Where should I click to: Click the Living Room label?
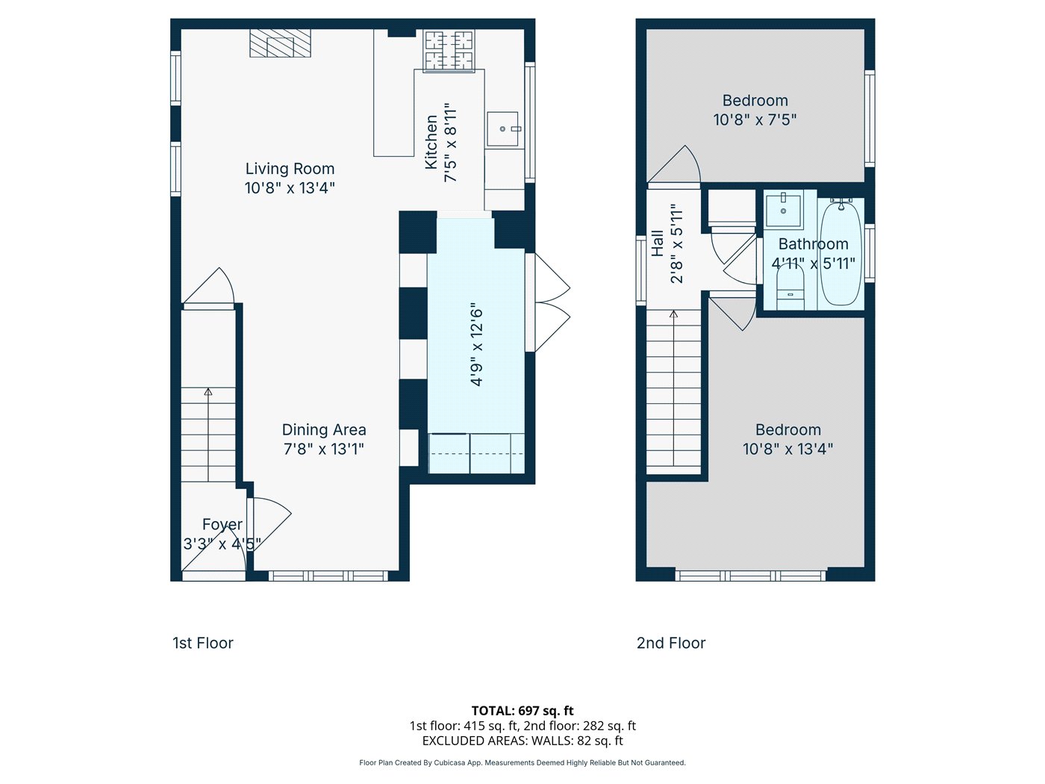pos(290,169)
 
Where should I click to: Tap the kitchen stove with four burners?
pos(449,50)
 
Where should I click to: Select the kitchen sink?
pos(504,129)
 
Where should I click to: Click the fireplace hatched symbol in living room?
pos(280,43)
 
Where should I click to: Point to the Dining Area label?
pos(324,430)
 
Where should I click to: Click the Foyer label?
pos(222,524)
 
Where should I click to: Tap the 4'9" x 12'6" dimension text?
pos(477,344)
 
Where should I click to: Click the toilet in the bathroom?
pos(790,287)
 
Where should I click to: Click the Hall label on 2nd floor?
pos(658,243)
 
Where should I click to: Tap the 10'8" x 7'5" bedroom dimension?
pos(755,119)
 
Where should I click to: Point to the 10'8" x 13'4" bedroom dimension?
pos(787,449)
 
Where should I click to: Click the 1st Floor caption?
pos(203,643)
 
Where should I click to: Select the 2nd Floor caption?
pos(671,643)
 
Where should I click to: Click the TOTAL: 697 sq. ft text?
pos(522,711)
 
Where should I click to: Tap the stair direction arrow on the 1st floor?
pos(208,391)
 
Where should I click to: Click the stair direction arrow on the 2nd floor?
pos(674,314)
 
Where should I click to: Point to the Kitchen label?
pos(431,142)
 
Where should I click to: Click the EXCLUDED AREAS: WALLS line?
pos(522,741)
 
